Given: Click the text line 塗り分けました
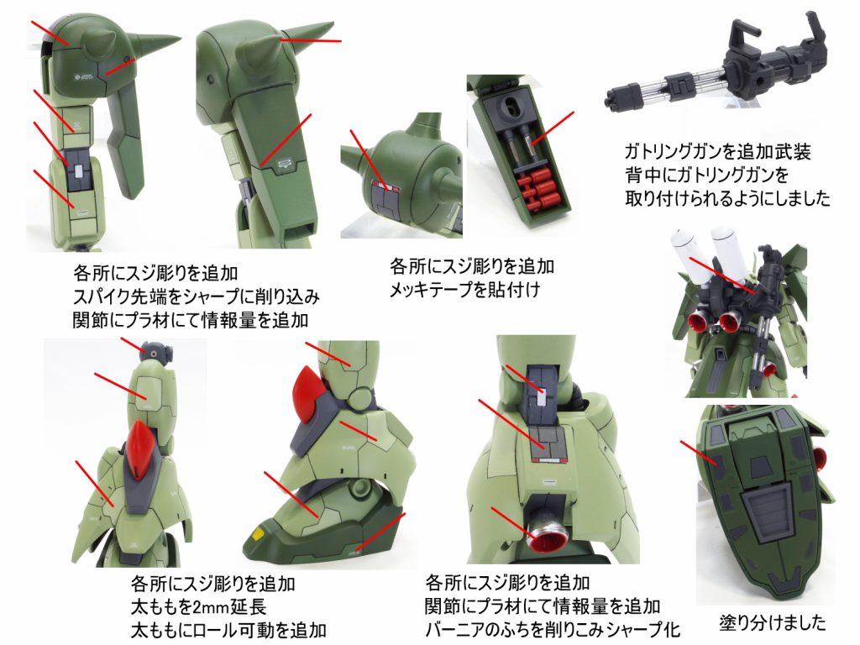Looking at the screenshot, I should click(x=773, y=624).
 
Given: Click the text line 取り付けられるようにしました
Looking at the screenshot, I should click(x=727, y=199).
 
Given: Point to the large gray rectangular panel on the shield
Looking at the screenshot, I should click(x=769, y=513).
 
